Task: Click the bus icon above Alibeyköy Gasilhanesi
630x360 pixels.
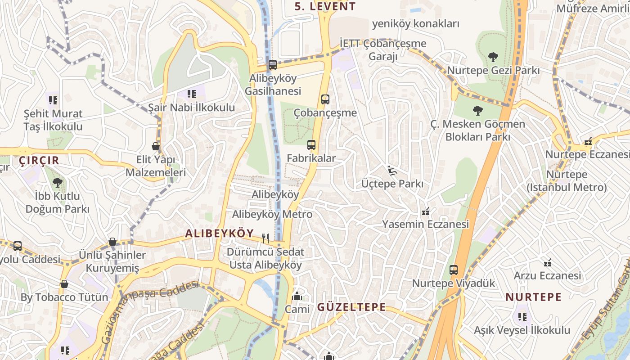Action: tap(272, 64)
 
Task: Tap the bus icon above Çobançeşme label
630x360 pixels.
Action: tap(325, 99)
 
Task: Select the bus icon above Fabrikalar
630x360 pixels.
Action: tap(311, 145)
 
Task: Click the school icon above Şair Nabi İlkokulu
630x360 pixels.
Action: tap(192, 94)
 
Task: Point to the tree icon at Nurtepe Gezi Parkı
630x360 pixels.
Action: tap(493, 57)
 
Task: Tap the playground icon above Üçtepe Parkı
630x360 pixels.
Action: tap(392, 170)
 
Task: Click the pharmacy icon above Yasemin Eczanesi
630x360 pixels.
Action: tap(425, 211)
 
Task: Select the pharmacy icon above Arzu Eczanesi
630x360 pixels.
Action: tap(548, 262)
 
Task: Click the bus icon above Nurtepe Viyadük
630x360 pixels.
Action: tap(453, 270)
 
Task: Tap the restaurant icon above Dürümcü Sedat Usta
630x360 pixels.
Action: tap(265, 238)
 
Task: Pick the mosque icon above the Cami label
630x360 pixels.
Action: tap(297, 296)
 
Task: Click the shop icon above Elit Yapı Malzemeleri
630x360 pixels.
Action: tap(156, 146)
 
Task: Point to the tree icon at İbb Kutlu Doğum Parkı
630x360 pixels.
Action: tap(57, 182)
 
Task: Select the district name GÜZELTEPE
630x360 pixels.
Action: tap(351, 307)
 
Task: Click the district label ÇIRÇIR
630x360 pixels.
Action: tap(39, 160)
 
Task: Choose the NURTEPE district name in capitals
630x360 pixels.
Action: tap(533, 297)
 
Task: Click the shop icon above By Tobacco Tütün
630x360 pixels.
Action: tap(64, 284)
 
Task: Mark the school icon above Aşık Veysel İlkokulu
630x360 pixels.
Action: tap(522, 317)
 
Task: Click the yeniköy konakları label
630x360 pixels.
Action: tap(415, 24)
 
